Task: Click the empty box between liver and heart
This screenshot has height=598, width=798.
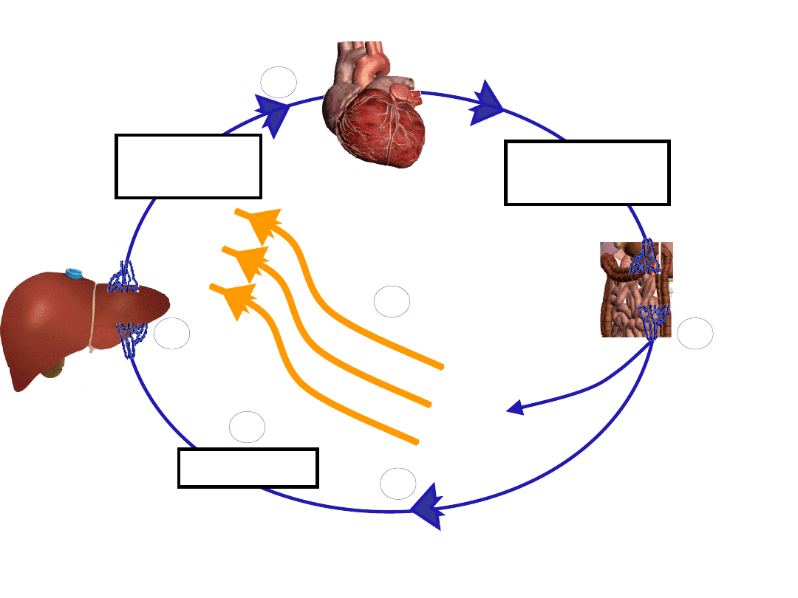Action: pos(188,166)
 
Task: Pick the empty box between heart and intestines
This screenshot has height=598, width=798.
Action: pos(587,172)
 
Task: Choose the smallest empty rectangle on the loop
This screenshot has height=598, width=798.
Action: pos(248,467)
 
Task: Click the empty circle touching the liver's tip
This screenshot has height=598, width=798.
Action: pos(171,334)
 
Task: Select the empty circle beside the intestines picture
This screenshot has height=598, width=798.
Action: pos(695,334)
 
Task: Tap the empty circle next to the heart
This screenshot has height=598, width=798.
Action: pos(279,82)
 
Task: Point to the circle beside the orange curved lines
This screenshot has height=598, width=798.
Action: pos(392,302)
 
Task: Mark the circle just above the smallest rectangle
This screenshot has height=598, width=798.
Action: pos(247,427)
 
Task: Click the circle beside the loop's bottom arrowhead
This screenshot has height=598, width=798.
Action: pos(398,484)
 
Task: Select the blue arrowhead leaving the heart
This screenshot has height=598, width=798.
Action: pos(486,104)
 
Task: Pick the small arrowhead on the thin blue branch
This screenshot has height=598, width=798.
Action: pos(515,408)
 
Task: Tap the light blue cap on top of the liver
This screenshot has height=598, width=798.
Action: pos(74,273)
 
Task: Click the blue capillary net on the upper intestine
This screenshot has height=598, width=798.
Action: pos(645,258)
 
